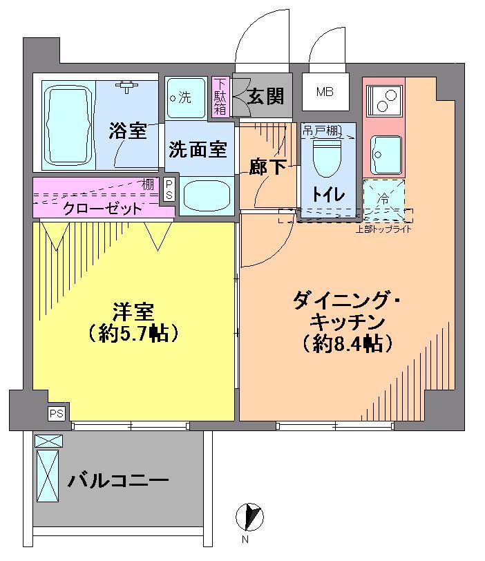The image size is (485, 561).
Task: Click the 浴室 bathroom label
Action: pyautogui.click(x=128, y=131)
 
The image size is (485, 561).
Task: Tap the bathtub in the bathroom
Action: pyautogui.click(x=68, y=125)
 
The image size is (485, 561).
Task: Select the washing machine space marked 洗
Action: pyautogui.click(x=186, y=98)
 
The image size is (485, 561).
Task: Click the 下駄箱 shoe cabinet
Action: pyautogui.click(x=220, y=97)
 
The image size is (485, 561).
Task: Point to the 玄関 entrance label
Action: pyautogui.click(x=265, y=96)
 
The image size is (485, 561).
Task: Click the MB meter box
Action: pyautogui.click(x=325, y=92)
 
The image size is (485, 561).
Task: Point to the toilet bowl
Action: pyautogui.click(x=327, y=158)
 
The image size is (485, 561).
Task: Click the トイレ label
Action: pyautogui.click(x=328, y=194)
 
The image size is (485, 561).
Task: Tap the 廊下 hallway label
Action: pyautogui.click(x=267, y=167)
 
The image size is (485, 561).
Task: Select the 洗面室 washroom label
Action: pyautogui.click(x=198, y=149)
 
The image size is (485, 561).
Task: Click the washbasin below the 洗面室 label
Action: pyautogui.click(x=207, y=197)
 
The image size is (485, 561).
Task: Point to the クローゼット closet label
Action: pyautogui.click(x=103, y=209)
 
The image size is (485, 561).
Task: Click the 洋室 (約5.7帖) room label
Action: pyautogui.click(x=133, y=323)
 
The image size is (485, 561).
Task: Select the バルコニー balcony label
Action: pyautogui.click(x=118, y=480)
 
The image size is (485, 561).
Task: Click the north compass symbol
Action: pyautogui.click(x=249, y=517)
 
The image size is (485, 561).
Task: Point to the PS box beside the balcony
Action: pyautogui.click(x=57, y=414)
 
